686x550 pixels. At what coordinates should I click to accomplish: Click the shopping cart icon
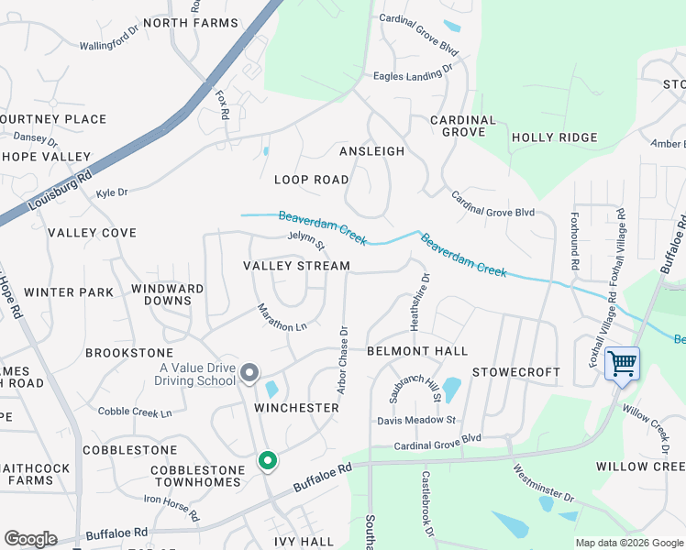(x=622, y=363)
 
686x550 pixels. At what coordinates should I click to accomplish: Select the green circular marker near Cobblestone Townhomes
(x=267, y=460)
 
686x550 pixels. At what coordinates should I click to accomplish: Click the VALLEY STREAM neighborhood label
(x=296, y=266)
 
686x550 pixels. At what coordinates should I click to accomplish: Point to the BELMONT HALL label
(x=417, y=351)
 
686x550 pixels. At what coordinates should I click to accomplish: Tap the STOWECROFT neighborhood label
(x=515, y=372)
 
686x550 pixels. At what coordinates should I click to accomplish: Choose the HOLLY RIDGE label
(x=546, y=137)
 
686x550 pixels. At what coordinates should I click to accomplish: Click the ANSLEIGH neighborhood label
(x=371, y=151)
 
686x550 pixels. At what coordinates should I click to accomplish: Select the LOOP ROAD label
(x=311, y=180)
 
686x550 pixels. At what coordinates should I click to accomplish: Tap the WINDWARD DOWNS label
(x=167, y=294)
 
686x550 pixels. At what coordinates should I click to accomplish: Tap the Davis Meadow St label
(x=416, y=420)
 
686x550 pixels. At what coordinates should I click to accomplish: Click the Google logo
(x=30, y=539)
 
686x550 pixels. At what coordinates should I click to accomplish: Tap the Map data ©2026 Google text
(x=629, y=543)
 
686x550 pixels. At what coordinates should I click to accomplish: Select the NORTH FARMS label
(x=190, y=22)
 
